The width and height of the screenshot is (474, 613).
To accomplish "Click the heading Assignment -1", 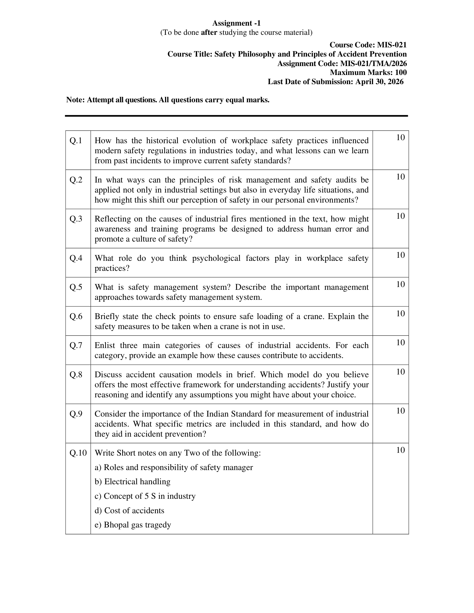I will pos(236,23).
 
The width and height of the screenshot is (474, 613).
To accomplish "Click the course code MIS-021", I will pos(392,45).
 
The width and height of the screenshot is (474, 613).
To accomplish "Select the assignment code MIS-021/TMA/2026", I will pos(373,64).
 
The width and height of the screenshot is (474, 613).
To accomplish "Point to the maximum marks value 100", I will pos(401,72).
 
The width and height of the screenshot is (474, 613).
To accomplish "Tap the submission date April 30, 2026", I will pos(379,82).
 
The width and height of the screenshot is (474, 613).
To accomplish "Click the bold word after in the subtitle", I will pos(209,33).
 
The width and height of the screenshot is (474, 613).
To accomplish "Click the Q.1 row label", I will pos(76,141).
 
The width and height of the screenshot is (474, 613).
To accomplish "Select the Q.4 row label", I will pos(76,258).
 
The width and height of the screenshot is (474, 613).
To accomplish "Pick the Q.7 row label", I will pos(76,346).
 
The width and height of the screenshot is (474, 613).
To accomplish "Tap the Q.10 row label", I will pos(78,453).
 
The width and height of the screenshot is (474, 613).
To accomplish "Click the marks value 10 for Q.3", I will pos(400,216).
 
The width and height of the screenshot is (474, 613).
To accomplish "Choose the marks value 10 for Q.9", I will pos(400,411).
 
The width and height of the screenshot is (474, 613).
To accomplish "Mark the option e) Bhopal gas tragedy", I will pos(133,525).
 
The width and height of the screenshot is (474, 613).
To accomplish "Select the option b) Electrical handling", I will pos(132,482).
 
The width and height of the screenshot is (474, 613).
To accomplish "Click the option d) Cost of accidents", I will pos(129,510).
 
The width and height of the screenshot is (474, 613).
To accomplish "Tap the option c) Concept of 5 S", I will pos(145,496).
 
